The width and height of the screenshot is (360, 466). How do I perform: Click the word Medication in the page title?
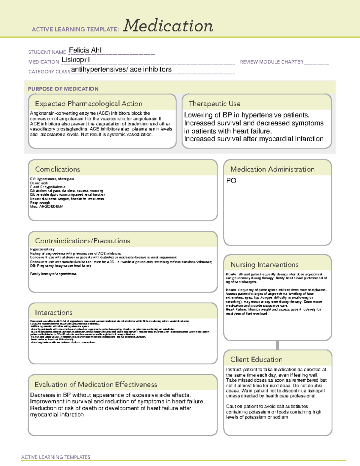168,26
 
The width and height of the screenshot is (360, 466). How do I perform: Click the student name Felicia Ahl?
85,50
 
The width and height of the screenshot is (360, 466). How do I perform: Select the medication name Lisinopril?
76,60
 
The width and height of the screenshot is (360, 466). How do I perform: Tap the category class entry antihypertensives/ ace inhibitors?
121,69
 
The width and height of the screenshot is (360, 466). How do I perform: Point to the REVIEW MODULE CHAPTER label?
271,62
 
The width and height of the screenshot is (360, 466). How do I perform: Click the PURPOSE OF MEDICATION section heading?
63,89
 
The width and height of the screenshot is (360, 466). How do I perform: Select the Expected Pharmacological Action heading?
88,104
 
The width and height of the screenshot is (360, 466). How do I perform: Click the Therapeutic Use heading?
214,104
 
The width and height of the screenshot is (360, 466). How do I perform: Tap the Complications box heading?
57,169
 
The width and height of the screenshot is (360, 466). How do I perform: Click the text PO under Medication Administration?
231,181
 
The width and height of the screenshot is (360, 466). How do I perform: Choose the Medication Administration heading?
272,169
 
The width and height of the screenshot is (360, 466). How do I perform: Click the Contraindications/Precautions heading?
82,241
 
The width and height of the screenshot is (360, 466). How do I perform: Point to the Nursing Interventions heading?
264,265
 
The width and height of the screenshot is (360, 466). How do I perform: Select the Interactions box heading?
53,313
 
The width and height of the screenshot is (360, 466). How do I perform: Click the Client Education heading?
256,359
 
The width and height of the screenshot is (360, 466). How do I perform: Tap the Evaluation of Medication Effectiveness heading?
96,385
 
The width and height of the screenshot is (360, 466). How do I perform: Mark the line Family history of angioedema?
53,274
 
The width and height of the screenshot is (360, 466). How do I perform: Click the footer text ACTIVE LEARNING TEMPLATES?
55,457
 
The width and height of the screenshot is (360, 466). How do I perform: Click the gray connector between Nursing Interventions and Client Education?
277,345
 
